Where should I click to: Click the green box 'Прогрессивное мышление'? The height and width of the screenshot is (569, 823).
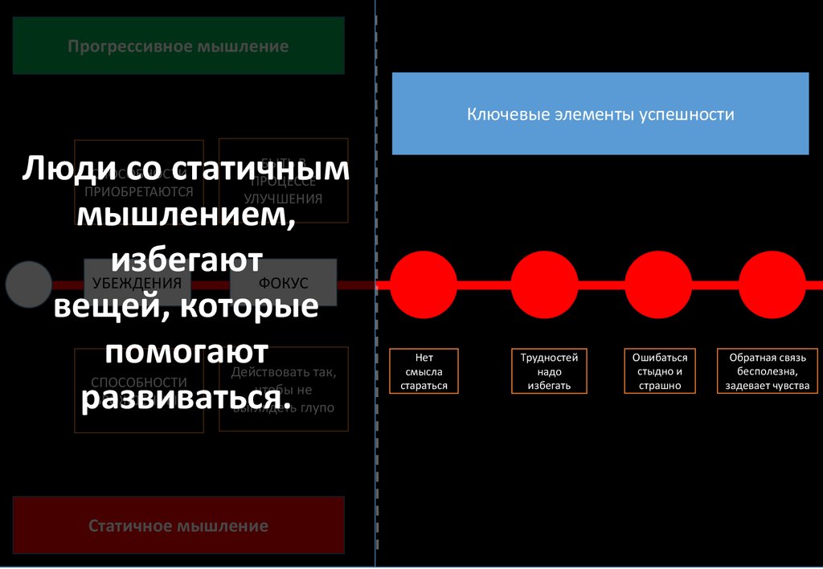pos(178,46)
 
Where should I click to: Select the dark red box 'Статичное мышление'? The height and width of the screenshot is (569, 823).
pos(178,526)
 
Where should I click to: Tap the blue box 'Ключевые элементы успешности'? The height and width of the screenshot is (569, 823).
pos(600,113)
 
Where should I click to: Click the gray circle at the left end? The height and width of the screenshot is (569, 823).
pos(28,284)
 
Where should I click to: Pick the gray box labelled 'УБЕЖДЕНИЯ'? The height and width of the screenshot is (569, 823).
pos(137,283)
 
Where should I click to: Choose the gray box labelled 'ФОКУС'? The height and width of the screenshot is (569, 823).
pos(283,283)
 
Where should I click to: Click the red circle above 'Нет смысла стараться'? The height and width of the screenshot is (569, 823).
pos(424,284)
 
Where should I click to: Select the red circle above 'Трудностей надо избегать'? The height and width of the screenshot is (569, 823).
pos(544,284)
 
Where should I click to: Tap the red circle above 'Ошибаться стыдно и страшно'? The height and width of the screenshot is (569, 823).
pos(658,284)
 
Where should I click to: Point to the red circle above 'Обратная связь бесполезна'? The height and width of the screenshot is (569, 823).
pos(772,284)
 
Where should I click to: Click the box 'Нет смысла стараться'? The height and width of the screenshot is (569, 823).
pos(424,370)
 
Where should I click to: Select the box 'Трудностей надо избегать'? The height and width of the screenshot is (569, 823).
pos(550,370)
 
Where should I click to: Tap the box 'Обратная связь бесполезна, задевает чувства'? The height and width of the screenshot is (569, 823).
pos(767,370)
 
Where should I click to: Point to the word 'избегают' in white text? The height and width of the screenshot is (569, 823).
pos(186,260)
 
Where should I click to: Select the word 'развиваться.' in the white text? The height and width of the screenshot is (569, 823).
pos(186,400)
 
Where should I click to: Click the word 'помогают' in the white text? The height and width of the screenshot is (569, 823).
pos(186,354)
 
